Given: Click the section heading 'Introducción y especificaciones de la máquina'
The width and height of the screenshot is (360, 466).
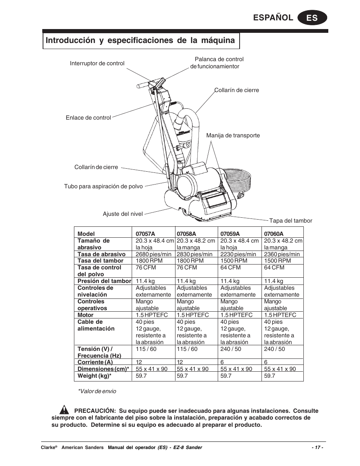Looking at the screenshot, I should pyautogui.click(x=140, y=40).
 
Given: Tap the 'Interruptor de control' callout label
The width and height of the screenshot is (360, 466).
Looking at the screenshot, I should pyautogui.click(x=97, y=63).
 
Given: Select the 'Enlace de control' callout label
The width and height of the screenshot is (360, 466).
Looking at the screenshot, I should pyautogui.click(x=88, y=118).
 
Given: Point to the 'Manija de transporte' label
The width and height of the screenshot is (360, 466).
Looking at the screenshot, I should pyautogui.click(x=233, y=135).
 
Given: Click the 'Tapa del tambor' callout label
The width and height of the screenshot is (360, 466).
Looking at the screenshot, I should pyautogui.click(x=290, y=221).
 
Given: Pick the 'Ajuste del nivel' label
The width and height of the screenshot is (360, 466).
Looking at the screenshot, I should pyautogui.click(x=123, y=214).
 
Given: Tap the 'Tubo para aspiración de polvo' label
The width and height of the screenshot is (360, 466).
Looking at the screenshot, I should pyautogui.click(x=103, y=186).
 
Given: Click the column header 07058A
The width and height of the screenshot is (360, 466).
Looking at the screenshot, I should pyautogui.click(x=186, y=234).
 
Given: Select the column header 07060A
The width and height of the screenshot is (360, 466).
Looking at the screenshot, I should pyautogui.click(x=274, y=234).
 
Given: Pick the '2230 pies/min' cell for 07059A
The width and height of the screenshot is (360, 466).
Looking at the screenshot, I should pyautogui.click(x=238, y=254).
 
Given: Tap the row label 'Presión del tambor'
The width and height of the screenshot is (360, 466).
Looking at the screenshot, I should pyautogui.click(x=104, y=281).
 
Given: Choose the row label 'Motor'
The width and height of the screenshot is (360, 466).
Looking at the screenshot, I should pyautogui.click(x=85, y=315).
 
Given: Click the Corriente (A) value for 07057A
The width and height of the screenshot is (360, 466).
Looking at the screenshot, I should pyautogui.click(x=139, y=362).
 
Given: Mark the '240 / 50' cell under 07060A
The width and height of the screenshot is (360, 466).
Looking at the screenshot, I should pyautogui.click(x=274, y=349).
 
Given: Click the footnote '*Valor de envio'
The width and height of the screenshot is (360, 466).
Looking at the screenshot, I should pyautogui.click(x=97, y=391).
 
